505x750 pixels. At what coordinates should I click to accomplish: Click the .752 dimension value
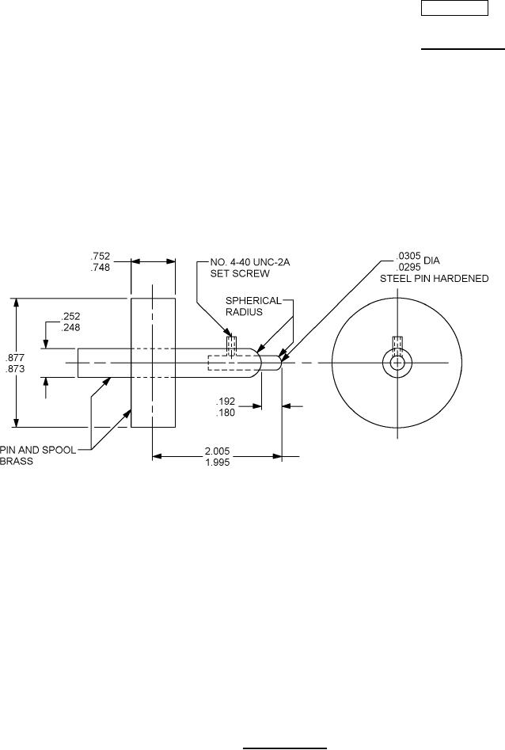pos(101,257)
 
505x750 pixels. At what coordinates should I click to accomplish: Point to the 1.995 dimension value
pos(216,463)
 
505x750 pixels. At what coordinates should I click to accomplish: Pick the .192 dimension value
pos(226,401)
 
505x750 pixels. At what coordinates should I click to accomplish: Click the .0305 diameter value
pos(408,257)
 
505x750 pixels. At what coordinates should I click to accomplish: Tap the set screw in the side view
pos(232,347)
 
